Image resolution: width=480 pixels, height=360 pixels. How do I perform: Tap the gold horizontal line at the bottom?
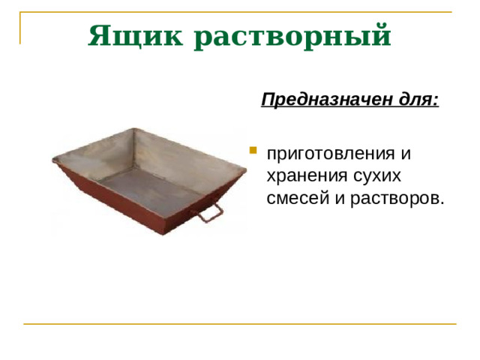(x=240, y=324)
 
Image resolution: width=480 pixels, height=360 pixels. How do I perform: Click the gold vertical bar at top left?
(x=20, y=28)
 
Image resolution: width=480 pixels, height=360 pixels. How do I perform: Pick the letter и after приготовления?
(x=406, y=154)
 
